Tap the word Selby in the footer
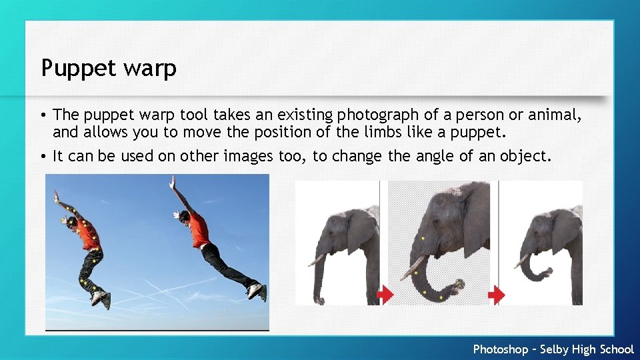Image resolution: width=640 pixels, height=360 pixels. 555,349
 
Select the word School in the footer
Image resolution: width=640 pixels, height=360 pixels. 617,349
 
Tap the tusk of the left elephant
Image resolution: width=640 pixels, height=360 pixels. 316,260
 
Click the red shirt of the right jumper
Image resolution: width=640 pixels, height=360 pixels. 197,230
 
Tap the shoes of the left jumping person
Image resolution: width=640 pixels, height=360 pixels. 101,297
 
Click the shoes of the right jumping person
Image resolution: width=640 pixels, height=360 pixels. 255,291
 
